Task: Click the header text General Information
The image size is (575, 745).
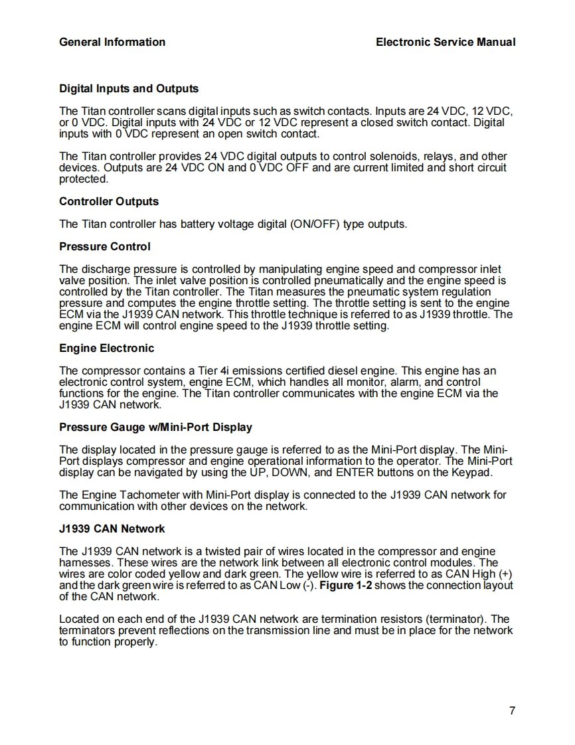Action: coord(112,42)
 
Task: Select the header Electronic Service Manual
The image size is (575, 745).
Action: coord(445,42)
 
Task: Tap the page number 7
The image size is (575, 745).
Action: coord(512,711)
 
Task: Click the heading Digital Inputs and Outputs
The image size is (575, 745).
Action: coord(129,88)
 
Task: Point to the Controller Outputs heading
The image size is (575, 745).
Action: coord(109,201)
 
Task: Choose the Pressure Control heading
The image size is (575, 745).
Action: coord(105,246)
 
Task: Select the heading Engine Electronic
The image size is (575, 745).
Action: coord(106,348)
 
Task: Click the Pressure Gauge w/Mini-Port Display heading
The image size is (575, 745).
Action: coord(155,427)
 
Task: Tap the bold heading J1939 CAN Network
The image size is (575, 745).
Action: coord(112,529)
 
